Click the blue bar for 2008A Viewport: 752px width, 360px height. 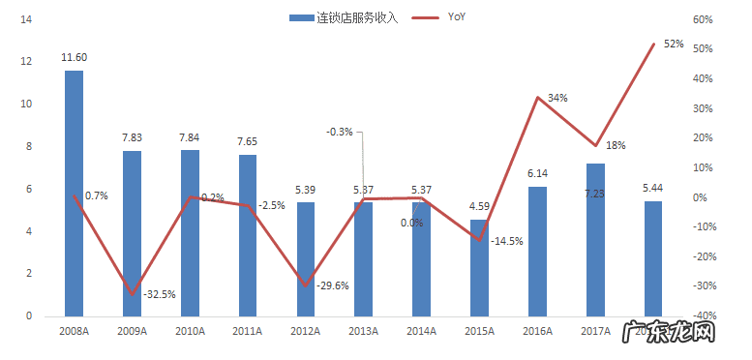point(74,194)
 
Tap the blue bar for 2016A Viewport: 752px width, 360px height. point(537,252)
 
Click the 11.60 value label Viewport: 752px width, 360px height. point(74,59)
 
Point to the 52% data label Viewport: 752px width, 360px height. point(674,44)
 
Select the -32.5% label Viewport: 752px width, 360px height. point(159,294)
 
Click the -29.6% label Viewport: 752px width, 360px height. point(333,285)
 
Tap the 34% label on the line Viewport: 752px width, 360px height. point(557,98)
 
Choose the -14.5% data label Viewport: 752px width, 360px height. point(507,241)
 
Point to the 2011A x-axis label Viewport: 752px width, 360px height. point(248,331)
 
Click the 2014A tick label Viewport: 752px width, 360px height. point(421,331)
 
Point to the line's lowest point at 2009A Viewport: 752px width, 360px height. point(132,294)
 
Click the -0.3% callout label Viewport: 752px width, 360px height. point(340,132)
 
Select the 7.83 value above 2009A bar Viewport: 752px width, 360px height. point(132,138)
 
